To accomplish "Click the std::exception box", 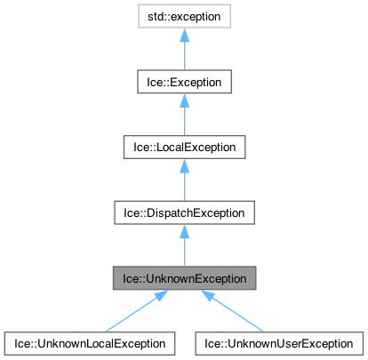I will pyautogui.click(x=183, y=17).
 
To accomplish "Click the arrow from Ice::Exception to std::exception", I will pyautogui.click(x=183, y=53).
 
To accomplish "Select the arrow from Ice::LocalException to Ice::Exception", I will pyautogui.click(x=183, y=118).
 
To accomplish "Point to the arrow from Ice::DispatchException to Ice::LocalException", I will pyautogui.click(x=183, y=183).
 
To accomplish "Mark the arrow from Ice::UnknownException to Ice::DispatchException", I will pyautogui.click(x=183, y=248).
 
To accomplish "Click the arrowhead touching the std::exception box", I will pyautogui.click(x=183, y=35).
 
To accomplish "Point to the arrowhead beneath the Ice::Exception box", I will pyautogui.click(x=183, y=100).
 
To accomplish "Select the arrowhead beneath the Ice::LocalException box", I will pyautogui.click(x=183, y=164).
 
